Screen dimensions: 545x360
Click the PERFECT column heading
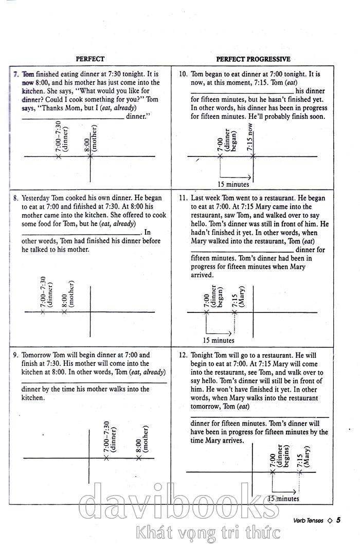90,59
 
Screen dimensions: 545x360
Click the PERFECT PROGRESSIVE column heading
253,59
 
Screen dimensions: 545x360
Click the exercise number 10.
183,74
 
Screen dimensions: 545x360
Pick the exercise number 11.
183,198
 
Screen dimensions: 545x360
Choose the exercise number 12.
183,355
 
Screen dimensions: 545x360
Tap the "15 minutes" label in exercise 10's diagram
233,184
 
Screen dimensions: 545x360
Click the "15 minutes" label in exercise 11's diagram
219,340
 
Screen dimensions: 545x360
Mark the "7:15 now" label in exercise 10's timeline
249,136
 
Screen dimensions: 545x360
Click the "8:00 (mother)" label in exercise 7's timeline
91,137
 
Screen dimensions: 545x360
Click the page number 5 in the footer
338,520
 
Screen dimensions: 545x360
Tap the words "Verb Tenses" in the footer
309,520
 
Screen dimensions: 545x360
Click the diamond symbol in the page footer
330,520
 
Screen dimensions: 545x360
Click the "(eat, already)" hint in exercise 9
147,372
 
